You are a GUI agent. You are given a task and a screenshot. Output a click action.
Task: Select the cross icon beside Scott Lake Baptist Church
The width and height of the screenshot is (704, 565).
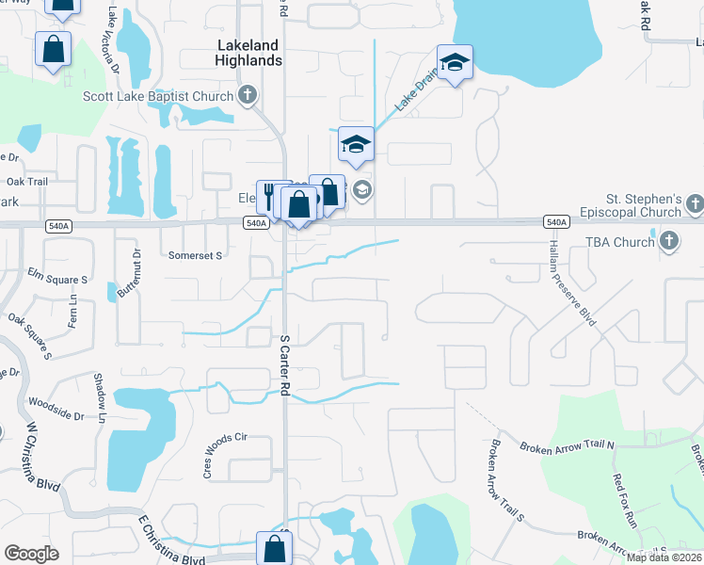coord(248,94)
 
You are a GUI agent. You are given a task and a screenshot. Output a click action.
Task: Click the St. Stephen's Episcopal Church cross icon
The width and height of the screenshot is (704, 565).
coord(695,202)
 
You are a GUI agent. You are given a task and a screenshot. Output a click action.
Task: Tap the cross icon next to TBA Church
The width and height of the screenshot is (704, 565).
coord(668,242)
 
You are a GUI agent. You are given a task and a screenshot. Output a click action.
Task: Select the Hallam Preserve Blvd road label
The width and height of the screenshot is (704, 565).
coord(572,282)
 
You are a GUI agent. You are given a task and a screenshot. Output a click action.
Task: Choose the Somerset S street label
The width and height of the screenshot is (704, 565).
coord(194,255)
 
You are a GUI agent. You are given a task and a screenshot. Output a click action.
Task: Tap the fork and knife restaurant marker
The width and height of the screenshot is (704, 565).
coord(269,196)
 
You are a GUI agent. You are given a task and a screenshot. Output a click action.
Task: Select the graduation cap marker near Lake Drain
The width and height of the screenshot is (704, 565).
coord(455,62)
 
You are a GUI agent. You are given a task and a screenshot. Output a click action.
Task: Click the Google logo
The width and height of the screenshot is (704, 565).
coord(31,554)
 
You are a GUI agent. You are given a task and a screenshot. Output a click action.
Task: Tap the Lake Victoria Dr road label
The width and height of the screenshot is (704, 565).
coord(114,42)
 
